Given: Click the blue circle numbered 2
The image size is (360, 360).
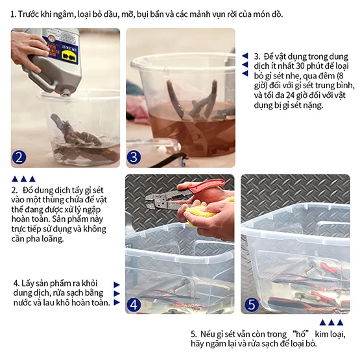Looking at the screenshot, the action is (x=19, y=157).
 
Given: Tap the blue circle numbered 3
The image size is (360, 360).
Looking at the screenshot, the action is (x=134, y=157).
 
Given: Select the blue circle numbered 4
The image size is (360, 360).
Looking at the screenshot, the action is (x=134, y=304).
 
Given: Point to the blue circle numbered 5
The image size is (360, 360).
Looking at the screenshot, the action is (x=252, y=304).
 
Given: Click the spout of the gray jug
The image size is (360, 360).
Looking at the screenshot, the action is (x=65, y=93).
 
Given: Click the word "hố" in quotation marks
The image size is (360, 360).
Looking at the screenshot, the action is (x=300, y=334).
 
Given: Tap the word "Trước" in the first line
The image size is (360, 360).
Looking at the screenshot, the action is (x=29, y=14).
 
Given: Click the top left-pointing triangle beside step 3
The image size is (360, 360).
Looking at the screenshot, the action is (x=245, y=56).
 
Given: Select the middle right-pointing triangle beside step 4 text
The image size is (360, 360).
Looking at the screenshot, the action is (x=117, y=293).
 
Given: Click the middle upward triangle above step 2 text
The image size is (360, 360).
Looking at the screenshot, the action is (x=23, y=179).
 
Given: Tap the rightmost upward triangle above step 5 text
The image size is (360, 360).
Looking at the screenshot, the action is (x=340, y=322).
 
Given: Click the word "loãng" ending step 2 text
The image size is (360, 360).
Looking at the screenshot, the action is (x=54, y=239).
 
